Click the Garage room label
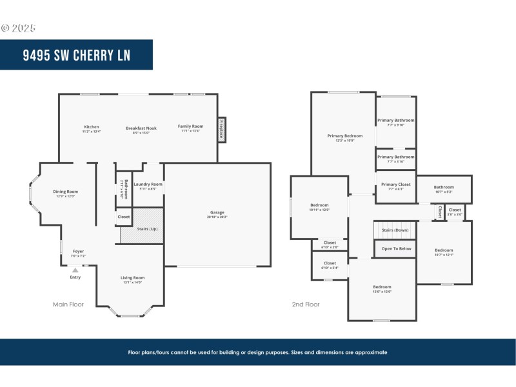pos(217,212)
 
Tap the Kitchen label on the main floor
pos(92,127)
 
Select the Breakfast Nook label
pos(141,128)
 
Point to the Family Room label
pos(190,126)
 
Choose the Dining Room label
pos(65,192)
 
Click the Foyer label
pos(78,252)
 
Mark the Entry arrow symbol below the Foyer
pos(75,270)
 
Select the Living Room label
pos(132,278)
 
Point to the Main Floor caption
pos(68,304)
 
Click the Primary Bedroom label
pos(344,136)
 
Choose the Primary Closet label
pos(395,184)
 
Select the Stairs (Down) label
pos(395,230)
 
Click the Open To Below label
pos(396,248)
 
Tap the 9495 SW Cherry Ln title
pos(76,55)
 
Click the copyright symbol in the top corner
pos(5,28)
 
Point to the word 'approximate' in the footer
pos(370,352)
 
